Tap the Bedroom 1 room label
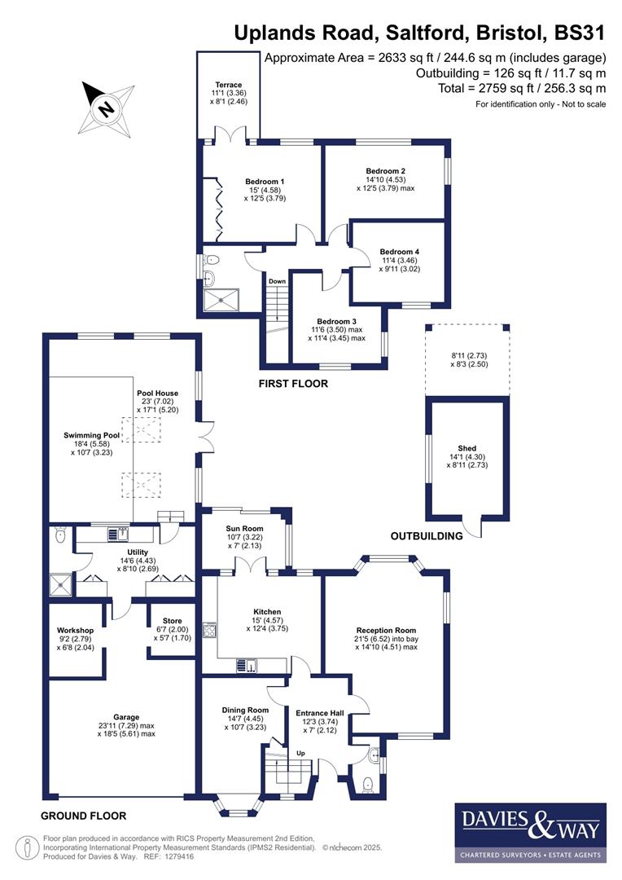click(265, 181)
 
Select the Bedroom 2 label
click(386, 172)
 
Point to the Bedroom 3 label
click(337, 321)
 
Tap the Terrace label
click(228, 86)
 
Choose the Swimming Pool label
click(92, 435)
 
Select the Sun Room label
click(244, 529)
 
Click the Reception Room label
click(386, 631)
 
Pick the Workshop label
click(75, 631)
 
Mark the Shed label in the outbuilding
click(466, 448)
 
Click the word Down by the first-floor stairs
click(277, 282)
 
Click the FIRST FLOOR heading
click(294, 383)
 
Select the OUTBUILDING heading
click(426, 535)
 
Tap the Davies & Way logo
click(529, 832)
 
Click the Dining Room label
click(245, 711)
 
